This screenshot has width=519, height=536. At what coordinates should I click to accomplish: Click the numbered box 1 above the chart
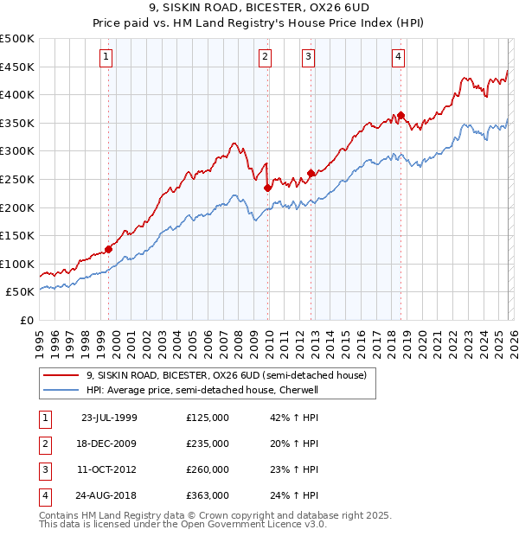tap(106, 58)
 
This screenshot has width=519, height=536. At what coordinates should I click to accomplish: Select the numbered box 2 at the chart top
tap(265, 58)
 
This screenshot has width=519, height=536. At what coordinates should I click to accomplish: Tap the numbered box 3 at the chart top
tap(308, 58)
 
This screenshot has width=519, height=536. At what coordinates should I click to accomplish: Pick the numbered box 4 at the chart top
tap(398, 58)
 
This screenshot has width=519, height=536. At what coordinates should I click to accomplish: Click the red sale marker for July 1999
tap(109, 249)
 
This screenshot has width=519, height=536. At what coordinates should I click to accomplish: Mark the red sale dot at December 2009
tap(267, 188)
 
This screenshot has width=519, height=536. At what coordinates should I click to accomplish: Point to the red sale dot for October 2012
tap(311, 174)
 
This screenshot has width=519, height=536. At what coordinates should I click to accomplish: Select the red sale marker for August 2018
tap(400, 116)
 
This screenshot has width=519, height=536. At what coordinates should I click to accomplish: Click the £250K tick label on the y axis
tap(17, 179)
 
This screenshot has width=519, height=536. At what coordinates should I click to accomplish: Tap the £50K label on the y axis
tap(21, 292)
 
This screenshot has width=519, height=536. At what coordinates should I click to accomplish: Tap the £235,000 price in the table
tap(208, 443)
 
